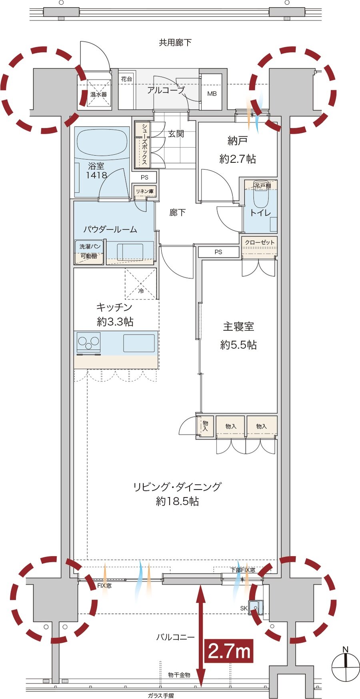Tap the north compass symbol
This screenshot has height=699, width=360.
(x=346, y=667)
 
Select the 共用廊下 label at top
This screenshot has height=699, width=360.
(x=175, y=42)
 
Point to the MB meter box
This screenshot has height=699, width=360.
(x=212, y=94)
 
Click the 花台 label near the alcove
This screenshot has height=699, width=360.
(x=126, y=79)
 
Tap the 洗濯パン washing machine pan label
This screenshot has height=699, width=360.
(x=90, y=247)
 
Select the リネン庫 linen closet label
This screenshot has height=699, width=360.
(x=144, y=192)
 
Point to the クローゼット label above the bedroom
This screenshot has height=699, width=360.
(x=260, y=242)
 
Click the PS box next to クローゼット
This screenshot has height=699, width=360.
(x=218, y=252)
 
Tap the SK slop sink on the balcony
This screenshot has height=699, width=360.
(x=256, y=607)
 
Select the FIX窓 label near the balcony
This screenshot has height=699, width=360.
(x=104, y=585)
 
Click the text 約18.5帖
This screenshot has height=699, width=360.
(x=177, y=501)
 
